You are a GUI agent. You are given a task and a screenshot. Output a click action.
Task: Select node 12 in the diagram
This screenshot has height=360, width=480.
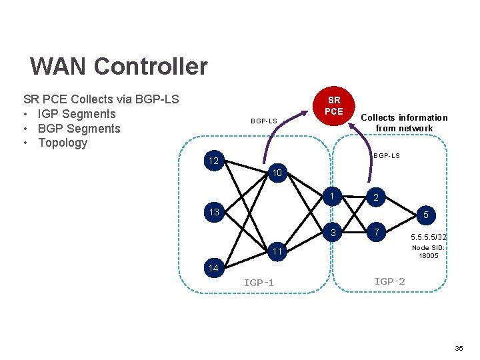pos(213,161)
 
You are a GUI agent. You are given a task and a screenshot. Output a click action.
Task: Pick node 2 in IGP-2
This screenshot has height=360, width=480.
pos(376,198)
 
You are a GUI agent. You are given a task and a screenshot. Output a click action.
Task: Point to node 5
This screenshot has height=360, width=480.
pos(425,215)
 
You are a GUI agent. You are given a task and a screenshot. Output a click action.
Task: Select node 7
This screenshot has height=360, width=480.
pos(376,233)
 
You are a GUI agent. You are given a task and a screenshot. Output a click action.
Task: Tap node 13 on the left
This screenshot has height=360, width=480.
pos(213,213)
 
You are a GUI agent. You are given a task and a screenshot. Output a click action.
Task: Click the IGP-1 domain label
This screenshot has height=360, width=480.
pos(259,283)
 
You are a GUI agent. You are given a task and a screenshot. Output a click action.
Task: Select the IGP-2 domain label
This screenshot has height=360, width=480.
pos(389,281)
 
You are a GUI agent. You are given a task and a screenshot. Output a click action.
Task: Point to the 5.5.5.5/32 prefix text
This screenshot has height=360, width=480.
pos(429,237)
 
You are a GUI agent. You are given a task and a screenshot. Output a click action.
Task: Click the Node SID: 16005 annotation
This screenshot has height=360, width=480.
pos(428,251)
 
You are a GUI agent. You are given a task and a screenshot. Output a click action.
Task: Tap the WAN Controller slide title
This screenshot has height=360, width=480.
pos(119,67)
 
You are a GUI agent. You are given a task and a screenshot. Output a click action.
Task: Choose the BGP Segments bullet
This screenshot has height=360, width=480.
pos(79,128)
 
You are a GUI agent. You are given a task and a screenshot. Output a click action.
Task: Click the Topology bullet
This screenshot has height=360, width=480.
pos(63,143)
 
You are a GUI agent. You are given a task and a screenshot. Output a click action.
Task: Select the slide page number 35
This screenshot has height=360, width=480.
pos(459,349)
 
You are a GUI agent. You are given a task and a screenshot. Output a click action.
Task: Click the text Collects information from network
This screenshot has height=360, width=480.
pos(404,123)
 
